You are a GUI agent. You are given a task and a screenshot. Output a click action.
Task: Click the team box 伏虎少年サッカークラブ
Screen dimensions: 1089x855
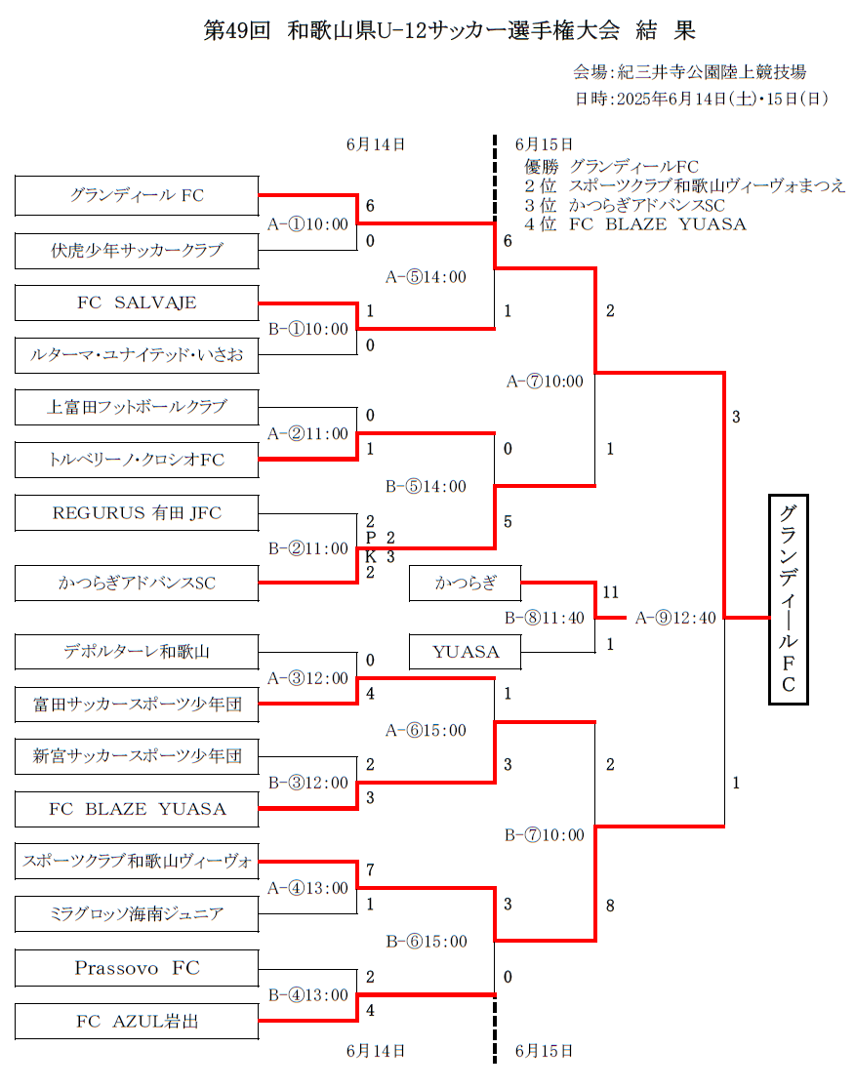coord(137,251)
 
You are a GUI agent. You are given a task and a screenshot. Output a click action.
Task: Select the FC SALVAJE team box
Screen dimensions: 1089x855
coord(137,302)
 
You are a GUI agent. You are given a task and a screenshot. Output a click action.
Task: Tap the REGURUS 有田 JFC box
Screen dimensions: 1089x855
coord(137,512)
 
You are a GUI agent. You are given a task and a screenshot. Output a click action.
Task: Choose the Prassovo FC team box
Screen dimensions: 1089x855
coord(137,968)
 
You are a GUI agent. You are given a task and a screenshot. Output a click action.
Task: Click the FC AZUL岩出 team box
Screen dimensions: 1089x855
coord(137,1022)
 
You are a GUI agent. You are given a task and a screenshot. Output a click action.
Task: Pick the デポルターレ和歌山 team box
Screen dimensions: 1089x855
coord(137,651)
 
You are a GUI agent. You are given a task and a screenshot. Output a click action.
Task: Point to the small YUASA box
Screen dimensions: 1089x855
coord(466,651)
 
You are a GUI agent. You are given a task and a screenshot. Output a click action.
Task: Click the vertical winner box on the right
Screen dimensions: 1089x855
coord(788,598)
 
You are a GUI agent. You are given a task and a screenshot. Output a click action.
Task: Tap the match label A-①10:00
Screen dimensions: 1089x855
coord(308,223)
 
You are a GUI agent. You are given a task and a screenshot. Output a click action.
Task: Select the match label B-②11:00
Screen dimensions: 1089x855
coord(308,548)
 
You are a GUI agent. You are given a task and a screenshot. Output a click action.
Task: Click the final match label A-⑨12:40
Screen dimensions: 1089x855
coord(675,617)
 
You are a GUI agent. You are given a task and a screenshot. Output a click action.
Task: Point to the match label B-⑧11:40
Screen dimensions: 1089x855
coord(544,617)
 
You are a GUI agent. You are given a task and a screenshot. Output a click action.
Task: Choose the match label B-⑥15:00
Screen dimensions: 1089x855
coord(427,942)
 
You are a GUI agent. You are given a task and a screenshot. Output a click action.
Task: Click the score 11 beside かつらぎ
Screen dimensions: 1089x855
coord(611,592)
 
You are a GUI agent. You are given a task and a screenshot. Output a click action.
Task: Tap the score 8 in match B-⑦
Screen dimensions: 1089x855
coord(610,906)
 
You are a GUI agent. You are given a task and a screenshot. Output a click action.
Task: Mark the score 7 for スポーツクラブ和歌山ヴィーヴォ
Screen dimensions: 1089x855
coord(371,868)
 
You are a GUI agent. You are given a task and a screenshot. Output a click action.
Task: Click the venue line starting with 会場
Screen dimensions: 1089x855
coord(689,72)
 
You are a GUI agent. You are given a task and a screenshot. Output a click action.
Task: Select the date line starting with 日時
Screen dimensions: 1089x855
coord(702,99)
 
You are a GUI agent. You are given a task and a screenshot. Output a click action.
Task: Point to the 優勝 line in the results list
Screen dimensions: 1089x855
coord(611,166)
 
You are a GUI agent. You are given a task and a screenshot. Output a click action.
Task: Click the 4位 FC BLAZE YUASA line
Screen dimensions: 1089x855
coord(634,224)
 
